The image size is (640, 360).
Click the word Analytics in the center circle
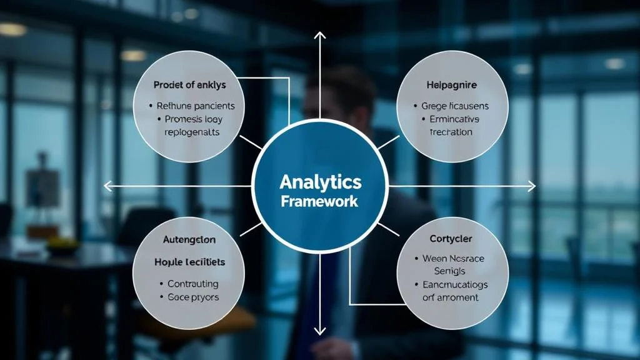pyautogui.click(x=320, y=182)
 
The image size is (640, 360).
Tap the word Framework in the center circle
pyautogui.click(x=320, y=201)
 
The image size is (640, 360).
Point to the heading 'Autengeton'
pyautogui.click(x=189, y=239)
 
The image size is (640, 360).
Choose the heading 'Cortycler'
pyautogui.click(x=451, y=239)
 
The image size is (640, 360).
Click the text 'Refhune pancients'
pyautogui.click(x=195, y=106)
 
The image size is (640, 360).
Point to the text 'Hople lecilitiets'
pyautogui.click(x=190, y=262)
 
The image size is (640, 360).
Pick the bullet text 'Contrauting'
pyautogui.click(x=192, y=284)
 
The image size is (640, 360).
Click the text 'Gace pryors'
pyautogui.click(x=193, y=297)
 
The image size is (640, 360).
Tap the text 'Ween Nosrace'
pyautogui.click(x=453, y=258)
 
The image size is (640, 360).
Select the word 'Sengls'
pyautogui.click(x=450, y=271)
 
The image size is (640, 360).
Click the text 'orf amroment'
pyautogui.click(x=450, y=297)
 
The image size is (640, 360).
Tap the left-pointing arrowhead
pyautogui.click(x=108, y=186)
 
